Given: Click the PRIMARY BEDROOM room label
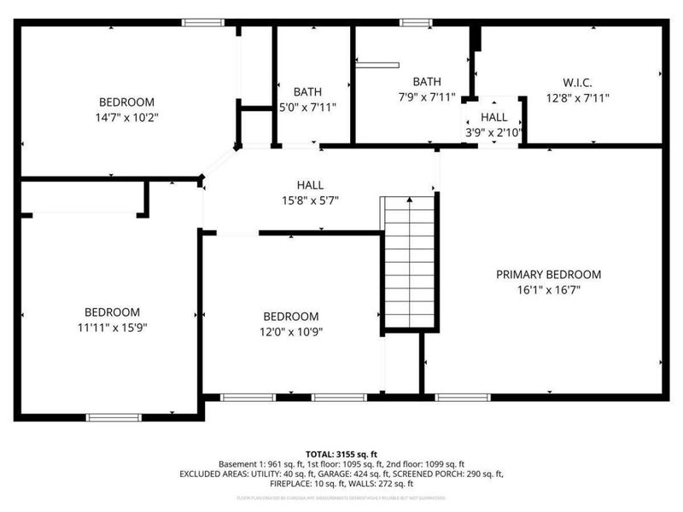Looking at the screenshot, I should pos(548,275).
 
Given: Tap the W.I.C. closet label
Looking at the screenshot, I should pos(577,83).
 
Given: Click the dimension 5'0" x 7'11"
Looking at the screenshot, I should pos(308,108).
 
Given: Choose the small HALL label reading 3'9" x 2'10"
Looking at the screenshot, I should pos(493,117).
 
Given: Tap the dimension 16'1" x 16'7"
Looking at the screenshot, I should pos(548,290).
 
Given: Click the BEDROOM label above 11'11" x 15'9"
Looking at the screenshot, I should pos(111,311).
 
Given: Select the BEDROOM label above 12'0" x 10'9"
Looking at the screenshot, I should pos(290,316).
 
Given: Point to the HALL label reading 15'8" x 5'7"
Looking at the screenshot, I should pos(310,185).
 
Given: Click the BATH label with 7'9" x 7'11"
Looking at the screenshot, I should pos(427,82).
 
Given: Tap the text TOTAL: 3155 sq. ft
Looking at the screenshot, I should pos(341,454).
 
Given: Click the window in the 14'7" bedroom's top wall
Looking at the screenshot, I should pos(203,22).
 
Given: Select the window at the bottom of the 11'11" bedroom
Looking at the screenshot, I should pos(113,417).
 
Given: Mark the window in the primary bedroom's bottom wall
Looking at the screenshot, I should pos(463,397).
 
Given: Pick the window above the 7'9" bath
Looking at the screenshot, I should pos(417,22).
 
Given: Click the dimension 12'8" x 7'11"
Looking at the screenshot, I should pos(577,97).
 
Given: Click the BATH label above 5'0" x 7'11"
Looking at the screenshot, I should pos(307,92).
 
